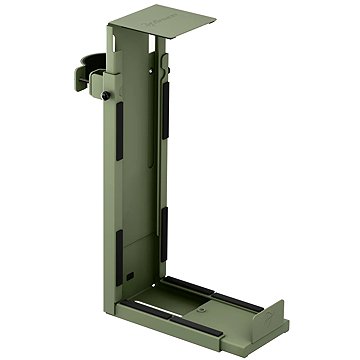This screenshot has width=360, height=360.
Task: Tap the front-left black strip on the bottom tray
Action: [150, 305]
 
